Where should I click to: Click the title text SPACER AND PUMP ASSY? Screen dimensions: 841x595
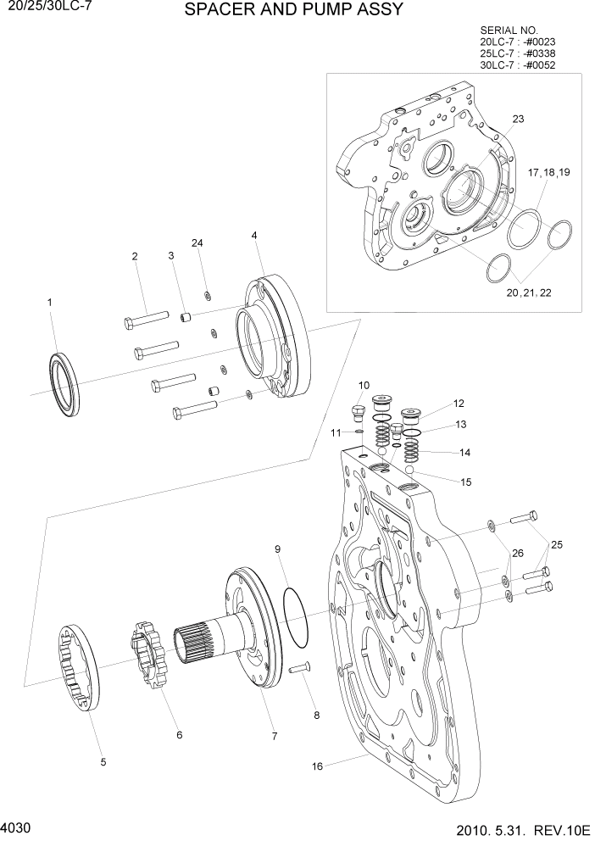[293, 10]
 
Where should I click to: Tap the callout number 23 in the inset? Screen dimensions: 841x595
[518, 120]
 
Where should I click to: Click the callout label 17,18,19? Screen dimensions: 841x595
[549, 173]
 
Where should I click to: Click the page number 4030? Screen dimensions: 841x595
[18, 825]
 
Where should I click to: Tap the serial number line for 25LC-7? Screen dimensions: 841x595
[518, 53]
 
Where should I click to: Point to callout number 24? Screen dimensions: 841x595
[197, 243]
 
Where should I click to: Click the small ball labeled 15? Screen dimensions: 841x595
[409, 471]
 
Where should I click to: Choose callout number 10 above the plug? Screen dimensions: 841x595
[364, 386]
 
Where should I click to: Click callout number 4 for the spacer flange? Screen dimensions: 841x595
[255, 235]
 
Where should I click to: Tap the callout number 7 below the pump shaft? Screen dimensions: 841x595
[275, 736]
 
